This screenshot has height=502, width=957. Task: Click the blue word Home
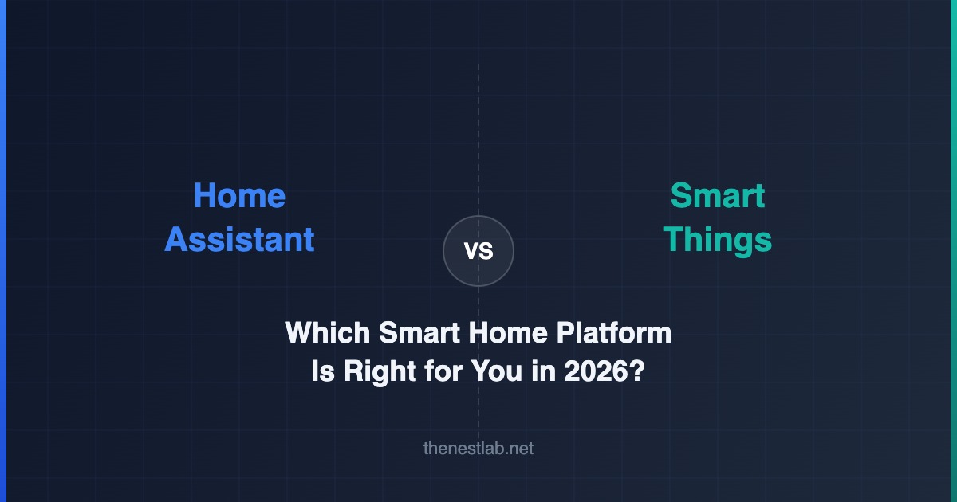(239, 195)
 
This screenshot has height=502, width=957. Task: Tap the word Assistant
(240, 240)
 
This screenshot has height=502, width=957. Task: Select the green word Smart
(717, 195)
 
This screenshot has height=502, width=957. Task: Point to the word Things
(717, 241)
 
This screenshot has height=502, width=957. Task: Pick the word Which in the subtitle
(327, 332)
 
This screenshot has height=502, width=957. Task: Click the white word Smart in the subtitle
(419, 332)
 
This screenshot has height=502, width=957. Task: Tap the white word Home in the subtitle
(508, 332)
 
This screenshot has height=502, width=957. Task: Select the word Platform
(614, 332)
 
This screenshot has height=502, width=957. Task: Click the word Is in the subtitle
(323, 371)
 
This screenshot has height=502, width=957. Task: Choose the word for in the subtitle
(443, 371)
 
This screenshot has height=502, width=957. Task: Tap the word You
(496, 371)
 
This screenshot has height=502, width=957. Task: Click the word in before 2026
(543, 371)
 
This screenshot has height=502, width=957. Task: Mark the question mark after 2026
(636, 371)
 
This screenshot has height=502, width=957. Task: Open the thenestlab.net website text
(478, 448)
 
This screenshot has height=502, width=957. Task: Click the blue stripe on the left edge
(3, 251)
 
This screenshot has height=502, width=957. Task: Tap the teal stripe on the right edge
(954, 251)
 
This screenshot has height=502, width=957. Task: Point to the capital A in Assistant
(177, 240)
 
